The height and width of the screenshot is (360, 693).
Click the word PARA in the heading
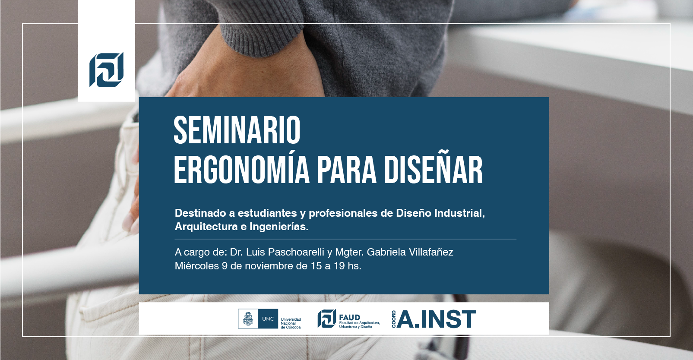(x=347, y=170)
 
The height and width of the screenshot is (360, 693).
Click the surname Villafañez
(x=431, y=252)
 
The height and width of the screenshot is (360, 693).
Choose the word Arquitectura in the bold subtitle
(x=206, y=227)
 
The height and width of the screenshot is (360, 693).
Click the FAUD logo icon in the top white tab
(x=106, y=69)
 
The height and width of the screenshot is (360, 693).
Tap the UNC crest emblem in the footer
(x=247, y=319)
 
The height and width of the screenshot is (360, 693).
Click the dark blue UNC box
(x=268, y=319)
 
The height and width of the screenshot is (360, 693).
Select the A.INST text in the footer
(x=437, y=319)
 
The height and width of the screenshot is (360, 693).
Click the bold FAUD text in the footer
(x=350, y=317)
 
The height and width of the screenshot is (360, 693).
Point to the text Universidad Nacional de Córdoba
(x=291, y=323)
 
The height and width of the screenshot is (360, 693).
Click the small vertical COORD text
(x=393, y=319)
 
